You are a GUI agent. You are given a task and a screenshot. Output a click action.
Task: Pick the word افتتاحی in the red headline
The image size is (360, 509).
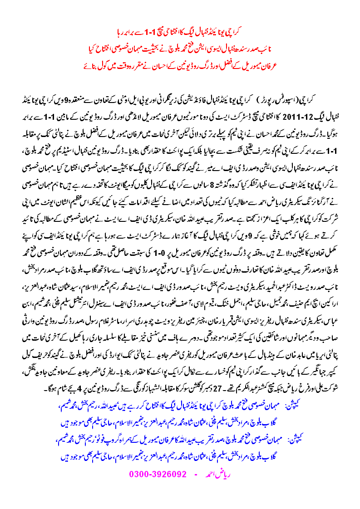click(195, 33)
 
